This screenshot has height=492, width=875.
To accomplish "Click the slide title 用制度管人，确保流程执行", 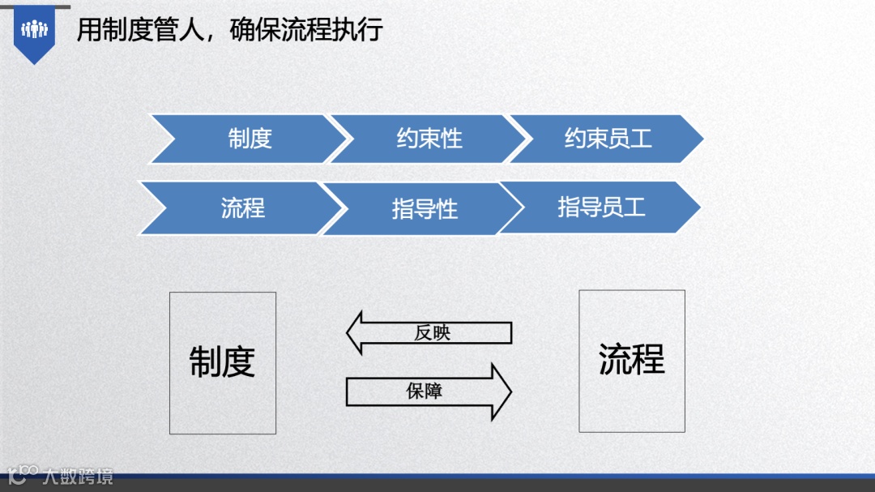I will [x=229, y=30].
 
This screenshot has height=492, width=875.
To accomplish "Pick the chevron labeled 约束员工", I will [x=608, y=139].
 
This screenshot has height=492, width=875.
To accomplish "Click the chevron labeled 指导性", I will [x=425, y=209].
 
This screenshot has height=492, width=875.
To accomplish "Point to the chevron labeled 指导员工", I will [x=601, y=207].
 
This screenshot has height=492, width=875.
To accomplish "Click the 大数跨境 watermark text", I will [x=78, y=476].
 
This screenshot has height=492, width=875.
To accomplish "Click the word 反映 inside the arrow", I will [x=432, y=333].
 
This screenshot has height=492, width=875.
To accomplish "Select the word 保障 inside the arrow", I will [x=425, y=391].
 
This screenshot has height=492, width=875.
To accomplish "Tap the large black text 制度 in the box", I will [x=223, y=362].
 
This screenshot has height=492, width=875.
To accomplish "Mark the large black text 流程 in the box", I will [x=632, y=359].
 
